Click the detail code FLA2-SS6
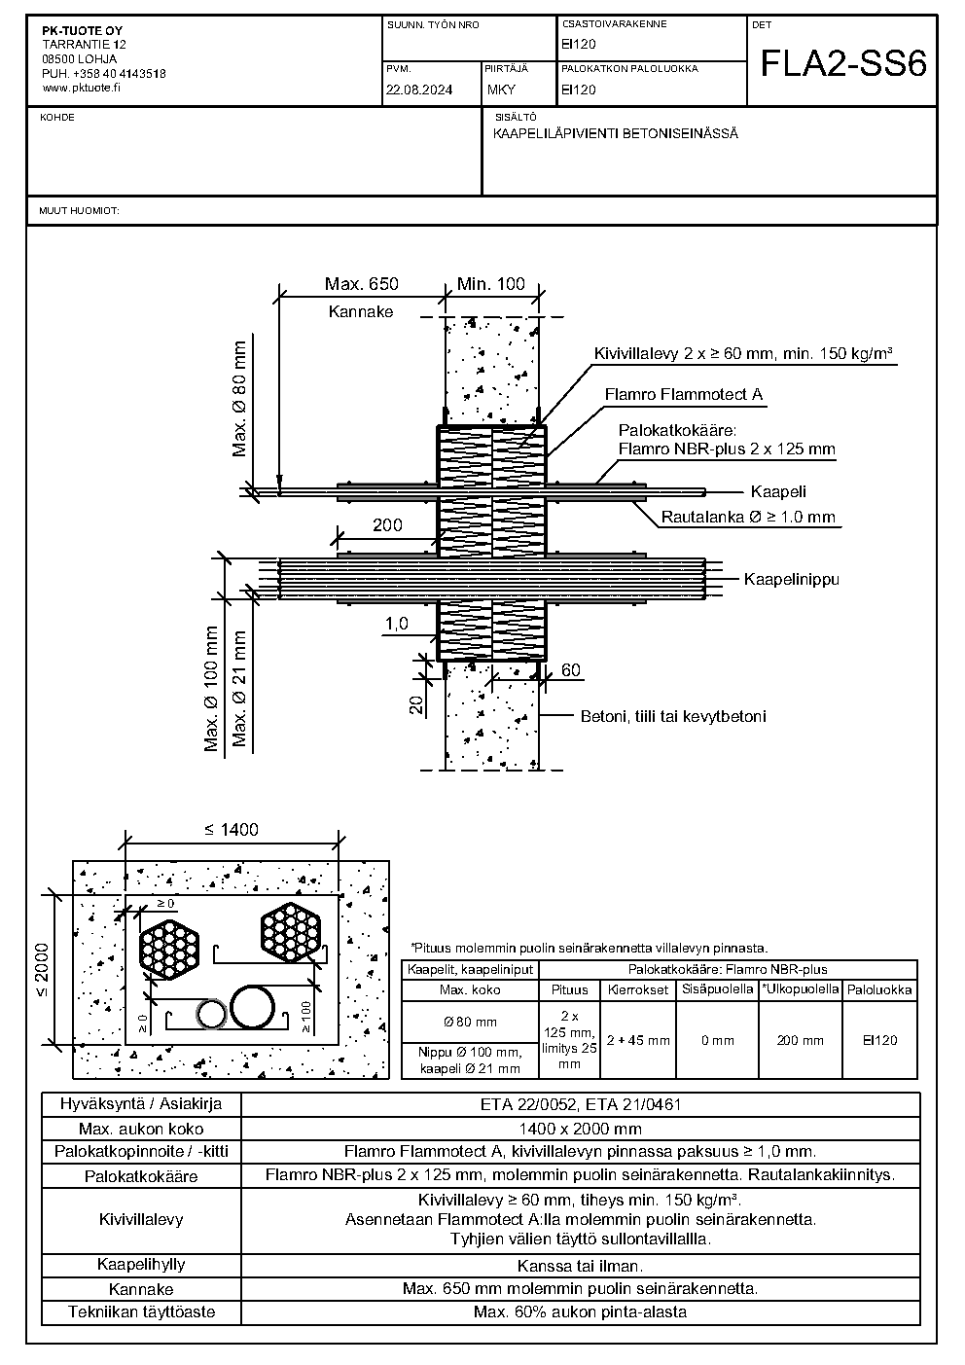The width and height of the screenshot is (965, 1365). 843,63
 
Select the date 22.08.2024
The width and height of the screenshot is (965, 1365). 419,90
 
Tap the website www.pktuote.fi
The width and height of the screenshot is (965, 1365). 82,88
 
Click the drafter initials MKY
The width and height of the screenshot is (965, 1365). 501,90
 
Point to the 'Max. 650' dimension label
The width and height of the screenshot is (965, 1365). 361,284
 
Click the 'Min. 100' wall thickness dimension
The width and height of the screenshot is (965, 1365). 491,284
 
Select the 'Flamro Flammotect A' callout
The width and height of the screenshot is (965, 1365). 684,395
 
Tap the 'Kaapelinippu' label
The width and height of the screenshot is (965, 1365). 792,580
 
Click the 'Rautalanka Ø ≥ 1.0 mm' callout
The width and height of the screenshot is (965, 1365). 748,518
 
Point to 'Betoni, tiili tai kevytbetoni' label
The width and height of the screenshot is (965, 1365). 673,717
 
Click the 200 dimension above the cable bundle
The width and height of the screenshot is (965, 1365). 387,525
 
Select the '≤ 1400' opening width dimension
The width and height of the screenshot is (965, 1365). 232,829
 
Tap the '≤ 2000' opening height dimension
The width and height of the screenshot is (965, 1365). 41,970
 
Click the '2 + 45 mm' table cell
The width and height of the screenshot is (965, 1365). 638,1040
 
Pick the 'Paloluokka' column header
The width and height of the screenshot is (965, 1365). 879,990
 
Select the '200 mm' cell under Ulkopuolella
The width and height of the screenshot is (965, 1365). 800,1040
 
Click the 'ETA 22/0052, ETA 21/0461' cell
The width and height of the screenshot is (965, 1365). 581,1104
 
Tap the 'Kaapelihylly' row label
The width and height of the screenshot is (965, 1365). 141,1265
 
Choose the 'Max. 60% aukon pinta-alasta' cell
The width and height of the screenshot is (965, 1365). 581,1312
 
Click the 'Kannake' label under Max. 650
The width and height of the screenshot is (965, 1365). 361,312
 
